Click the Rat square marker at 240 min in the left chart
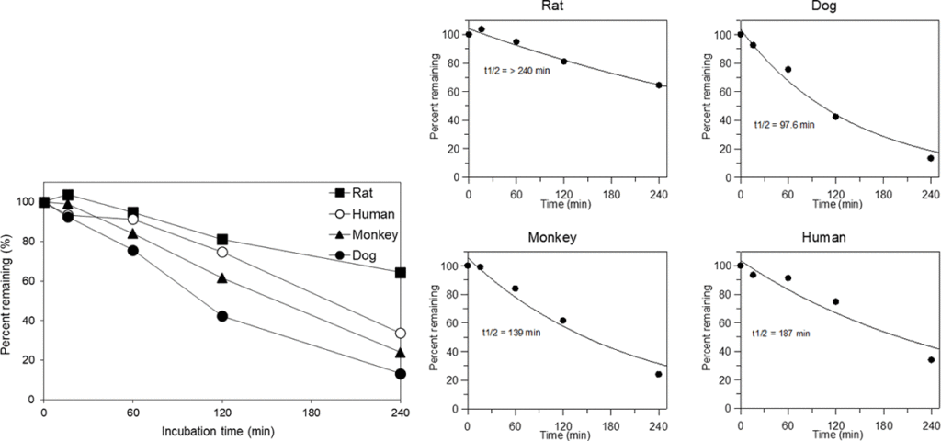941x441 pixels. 400,273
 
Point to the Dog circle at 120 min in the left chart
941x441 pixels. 221,316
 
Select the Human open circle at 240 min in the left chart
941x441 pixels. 400,334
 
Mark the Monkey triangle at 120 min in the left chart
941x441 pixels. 221,278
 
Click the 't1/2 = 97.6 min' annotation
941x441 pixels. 784,124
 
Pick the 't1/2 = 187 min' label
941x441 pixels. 782,332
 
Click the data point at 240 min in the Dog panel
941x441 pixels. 930,158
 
